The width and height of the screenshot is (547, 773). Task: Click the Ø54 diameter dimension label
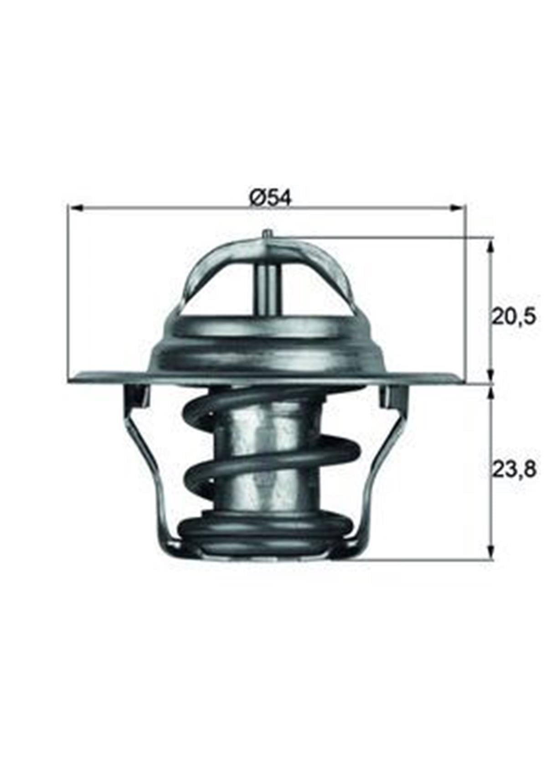coord(270,198)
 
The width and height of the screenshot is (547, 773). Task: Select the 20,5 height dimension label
coord(512,316)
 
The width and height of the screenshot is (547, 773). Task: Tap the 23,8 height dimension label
coord(513,469)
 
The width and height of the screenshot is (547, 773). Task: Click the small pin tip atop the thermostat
coord(267,233)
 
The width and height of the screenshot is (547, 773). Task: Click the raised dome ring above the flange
coord(267,346)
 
